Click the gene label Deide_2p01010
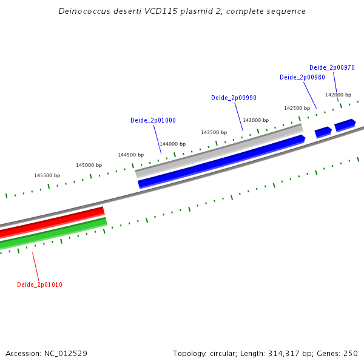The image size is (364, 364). pos(39,285)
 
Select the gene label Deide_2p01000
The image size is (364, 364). pos(153,120)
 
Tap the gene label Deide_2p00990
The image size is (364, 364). pos(234,98)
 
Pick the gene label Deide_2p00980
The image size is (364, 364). pos(302,77)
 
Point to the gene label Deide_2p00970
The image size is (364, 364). pos(332,67)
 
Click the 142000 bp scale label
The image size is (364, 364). pos(338,95)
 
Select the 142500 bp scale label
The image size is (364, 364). pos(297,108)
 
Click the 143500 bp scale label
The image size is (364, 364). pos(214,132)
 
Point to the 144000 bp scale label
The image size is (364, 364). pos(172,144)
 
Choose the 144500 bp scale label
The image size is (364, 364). pos(130,155)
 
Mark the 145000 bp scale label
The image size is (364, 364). pos(89,165)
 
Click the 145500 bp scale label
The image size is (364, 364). pos(47,175)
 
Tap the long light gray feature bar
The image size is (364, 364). pos(218,150)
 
